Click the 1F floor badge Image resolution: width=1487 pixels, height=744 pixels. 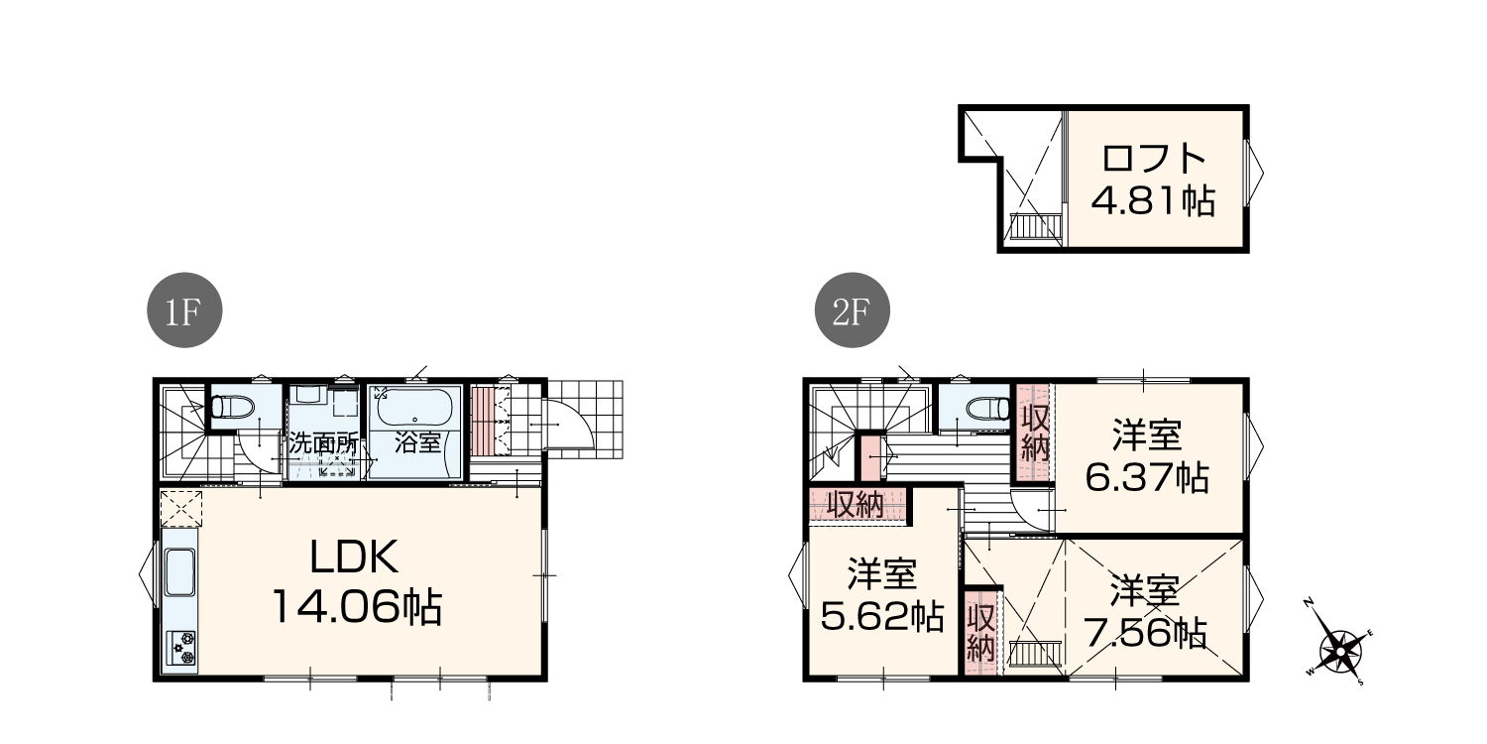184,310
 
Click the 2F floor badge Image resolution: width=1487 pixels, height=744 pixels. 853,310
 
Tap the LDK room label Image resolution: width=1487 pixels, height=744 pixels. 355,557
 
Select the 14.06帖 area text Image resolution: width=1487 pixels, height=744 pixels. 357,606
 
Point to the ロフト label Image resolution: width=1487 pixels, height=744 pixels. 1154,158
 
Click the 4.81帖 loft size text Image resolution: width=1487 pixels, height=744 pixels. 1153,200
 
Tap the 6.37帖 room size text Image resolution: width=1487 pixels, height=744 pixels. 1147,477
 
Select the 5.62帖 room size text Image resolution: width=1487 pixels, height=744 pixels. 882,616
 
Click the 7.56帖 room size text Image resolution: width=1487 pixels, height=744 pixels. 1145,633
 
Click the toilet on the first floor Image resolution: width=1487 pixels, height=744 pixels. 232,406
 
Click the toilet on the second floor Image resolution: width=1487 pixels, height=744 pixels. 988,407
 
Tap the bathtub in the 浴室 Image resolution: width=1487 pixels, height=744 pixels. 415,407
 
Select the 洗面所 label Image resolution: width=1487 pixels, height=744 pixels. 323,443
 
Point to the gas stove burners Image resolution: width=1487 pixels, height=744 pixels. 181,649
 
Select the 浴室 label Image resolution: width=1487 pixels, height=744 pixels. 417,442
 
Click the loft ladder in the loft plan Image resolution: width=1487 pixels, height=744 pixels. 1035,226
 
